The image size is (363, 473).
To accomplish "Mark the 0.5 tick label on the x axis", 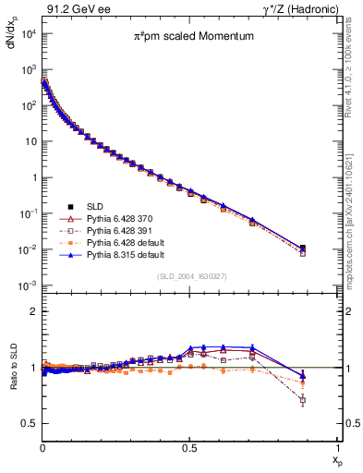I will (x=190, y=447).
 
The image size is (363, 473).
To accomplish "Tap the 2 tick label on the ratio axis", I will (x=33, y=311).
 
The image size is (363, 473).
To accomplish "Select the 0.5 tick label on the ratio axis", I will (x=30, y=423).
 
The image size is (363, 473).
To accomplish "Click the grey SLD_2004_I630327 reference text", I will (x=191, y=276).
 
